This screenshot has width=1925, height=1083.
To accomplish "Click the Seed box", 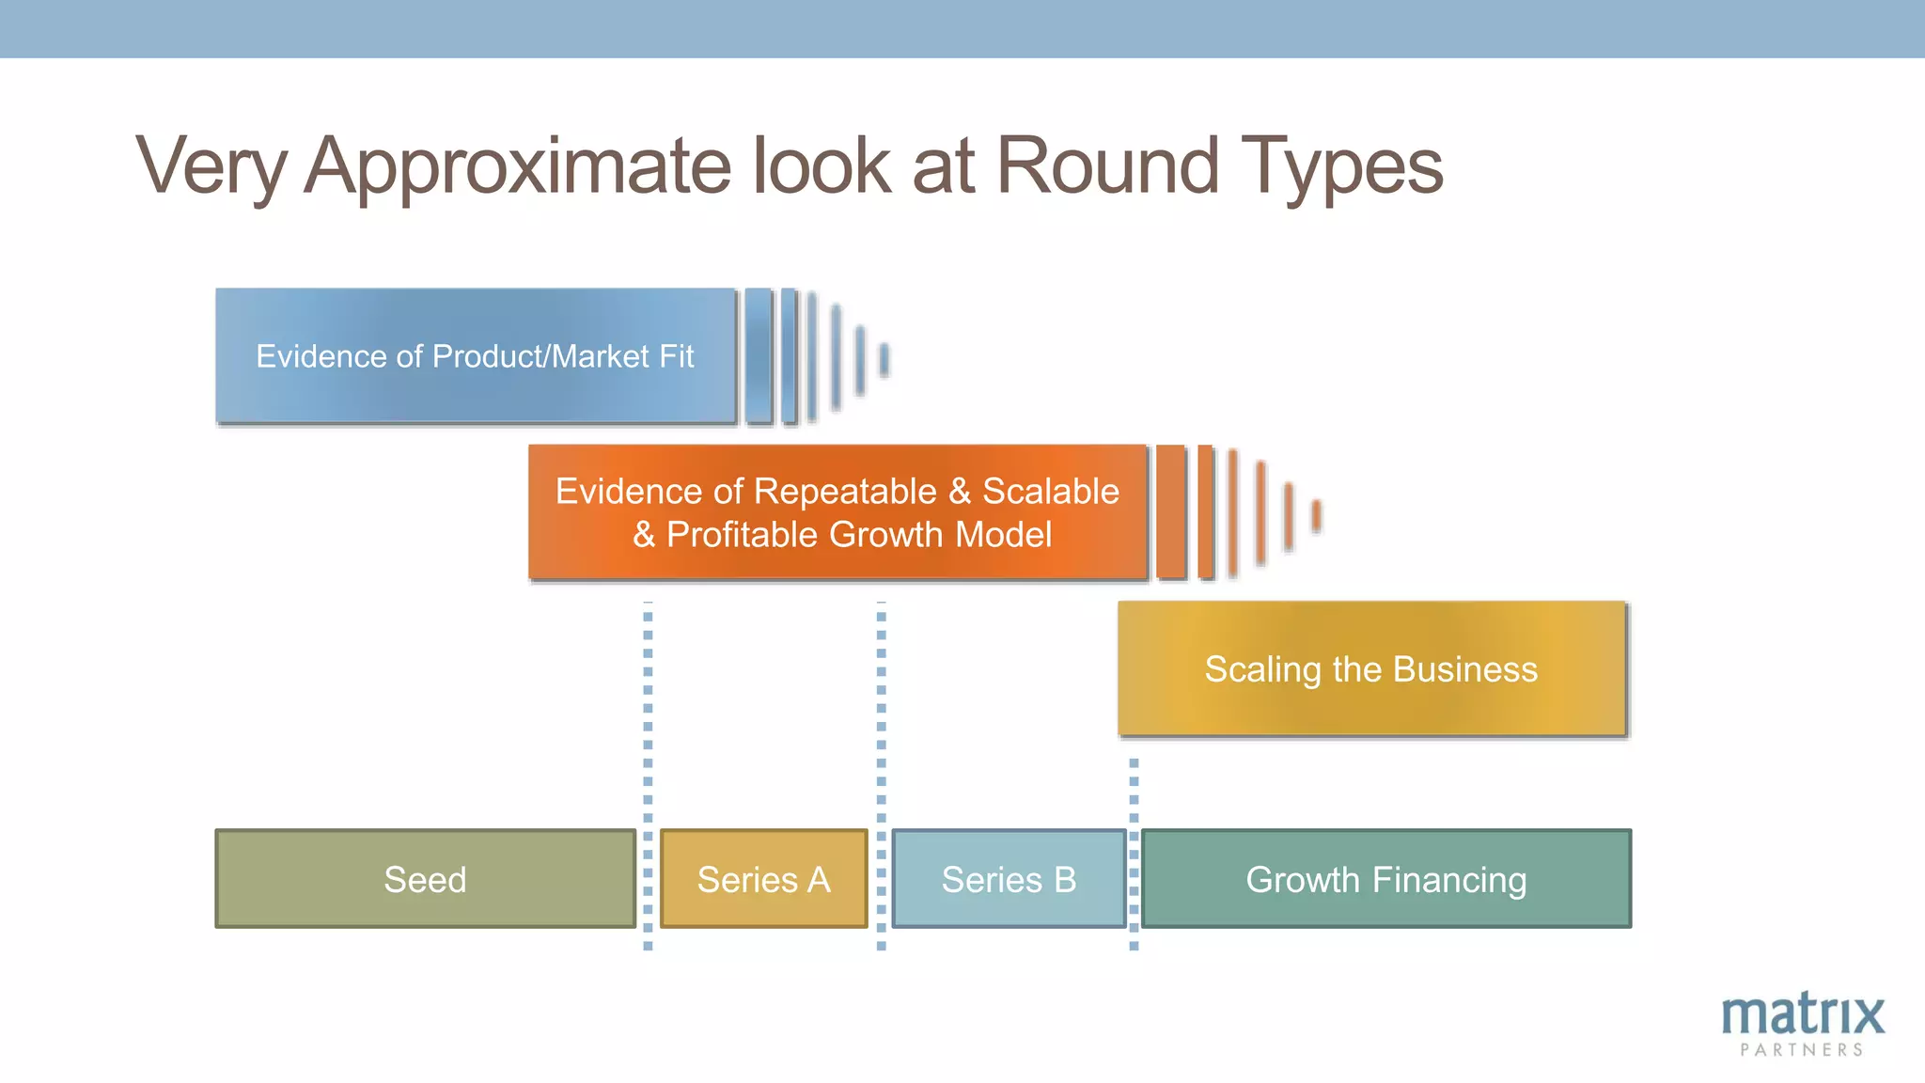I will click(425, 879).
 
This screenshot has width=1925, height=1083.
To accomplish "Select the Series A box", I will click(763, 879).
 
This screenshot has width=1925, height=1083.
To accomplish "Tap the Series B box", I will click(1009, 879).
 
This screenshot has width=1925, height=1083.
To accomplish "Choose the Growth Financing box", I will click(1385, 879).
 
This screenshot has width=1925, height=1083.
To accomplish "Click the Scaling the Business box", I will click(1371, 668).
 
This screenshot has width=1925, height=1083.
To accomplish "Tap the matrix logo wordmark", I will click(1802, 1015).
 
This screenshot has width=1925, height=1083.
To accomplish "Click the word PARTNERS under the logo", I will click(1802, 1050).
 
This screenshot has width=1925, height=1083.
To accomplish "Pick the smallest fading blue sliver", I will click(884, 359).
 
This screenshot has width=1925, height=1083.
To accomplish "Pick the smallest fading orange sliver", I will click(1317, 515).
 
